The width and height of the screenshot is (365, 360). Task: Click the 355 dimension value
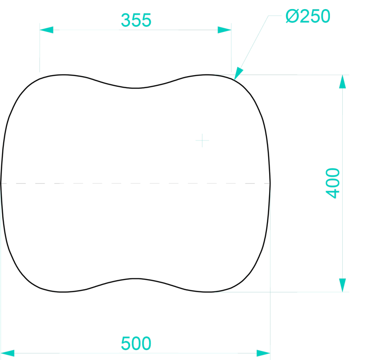click(x=136, y=20)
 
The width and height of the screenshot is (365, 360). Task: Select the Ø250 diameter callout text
click(x=308, y=16)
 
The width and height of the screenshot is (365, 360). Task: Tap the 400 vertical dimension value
click(x=333, y=183)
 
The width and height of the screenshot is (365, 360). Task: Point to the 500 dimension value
click(x=136, y=344)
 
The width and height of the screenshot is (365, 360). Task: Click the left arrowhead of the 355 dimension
click(x=47, y=30)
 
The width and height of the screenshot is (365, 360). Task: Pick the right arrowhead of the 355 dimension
click(x=224, y=30)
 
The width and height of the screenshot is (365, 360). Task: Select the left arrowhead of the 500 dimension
click(x=7, y=353)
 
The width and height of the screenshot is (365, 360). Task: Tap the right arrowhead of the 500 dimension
click(x=263, y=353)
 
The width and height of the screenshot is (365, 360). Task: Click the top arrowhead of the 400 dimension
click(x=343, y=82)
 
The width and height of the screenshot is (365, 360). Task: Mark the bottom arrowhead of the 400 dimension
click(x=343, y=285)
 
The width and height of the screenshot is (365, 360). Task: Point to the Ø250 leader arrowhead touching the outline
click(x=238, y=73)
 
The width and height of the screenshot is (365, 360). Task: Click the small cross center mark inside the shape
click(x=202, y=141)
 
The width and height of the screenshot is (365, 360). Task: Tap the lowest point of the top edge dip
click(x=136, y=88)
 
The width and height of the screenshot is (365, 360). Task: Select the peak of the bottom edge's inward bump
click(x=136, y=278)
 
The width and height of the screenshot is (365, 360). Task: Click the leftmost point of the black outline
click(x=1, y=183)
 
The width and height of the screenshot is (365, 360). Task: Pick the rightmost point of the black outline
click(x=270, y=183)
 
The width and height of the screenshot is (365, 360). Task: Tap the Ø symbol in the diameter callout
click(x=292, y=16)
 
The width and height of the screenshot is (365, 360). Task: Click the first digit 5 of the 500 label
click(x=126, y=344)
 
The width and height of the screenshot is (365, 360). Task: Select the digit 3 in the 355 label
click(x=126, y=20)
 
